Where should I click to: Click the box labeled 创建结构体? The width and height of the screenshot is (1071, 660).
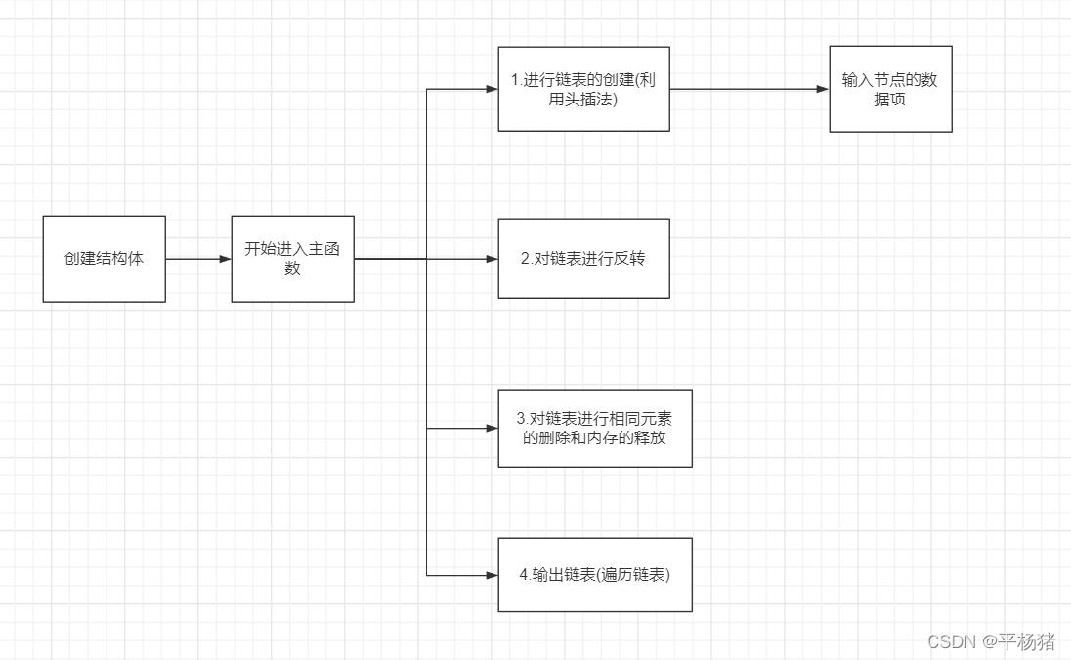coord(104,259)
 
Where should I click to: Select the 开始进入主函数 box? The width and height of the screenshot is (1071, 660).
coord(292,259)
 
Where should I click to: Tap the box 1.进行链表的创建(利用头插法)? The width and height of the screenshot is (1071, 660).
coord(583,89)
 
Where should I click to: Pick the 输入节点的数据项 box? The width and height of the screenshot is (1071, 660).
coord(890,89)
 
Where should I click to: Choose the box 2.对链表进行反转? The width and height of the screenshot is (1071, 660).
coord(583,259)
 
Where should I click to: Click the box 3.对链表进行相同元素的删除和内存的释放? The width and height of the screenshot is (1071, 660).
coord(594,429)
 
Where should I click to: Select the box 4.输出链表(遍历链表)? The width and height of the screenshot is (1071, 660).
coord(594,575)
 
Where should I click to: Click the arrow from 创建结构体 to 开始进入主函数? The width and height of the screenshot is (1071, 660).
coord(198,259)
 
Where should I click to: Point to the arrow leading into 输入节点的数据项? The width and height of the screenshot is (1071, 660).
coord(750,89)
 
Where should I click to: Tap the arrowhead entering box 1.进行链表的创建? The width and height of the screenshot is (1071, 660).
coord(493,89)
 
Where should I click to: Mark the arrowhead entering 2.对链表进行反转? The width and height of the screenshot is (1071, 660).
coord(493,259)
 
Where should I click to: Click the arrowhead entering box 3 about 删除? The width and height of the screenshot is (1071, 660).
coord(493,429)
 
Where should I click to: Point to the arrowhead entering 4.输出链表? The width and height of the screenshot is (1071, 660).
coord(493,575)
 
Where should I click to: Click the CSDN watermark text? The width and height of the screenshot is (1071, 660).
coord(950,641)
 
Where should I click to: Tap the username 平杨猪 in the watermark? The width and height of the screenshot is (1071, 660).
coord(1026,641)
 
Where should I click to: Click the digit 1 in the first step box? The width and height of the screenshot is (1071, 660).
coord(514,80)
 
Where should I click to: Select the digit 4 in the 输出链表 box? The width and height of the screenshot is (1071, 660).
coord(524,575)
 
